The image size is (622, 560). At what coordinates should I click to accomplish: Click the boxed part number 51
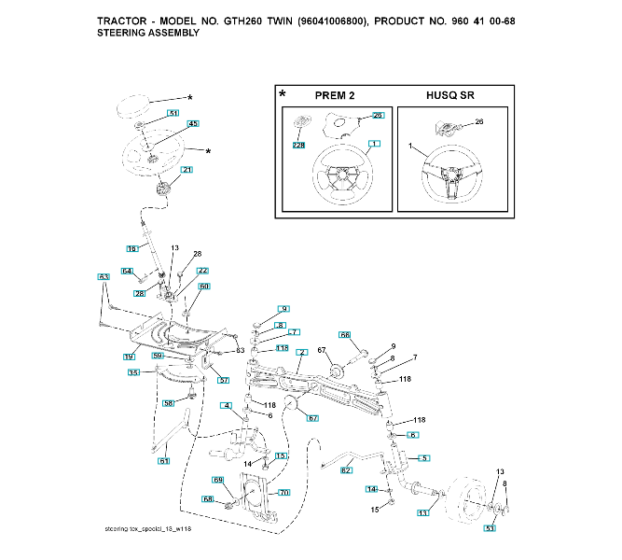[173, 112]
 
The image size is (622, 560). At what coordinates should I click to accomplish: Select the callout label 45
[193, 124]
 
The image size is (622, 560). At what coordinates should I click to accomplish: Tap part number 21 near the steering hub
[187, 170]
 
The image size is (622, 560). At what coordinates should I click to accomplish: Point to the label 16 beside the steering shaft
[131, 248]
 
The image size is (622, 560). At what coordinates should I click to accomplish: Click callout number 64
[127, 271]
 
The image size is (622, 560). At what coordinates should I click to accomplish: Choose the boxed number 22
[202, 271]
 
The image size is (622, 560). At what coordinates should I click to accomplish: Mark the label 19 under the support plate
[130, 357]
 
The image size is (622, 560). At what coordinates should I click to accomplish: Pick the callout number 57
[224, 380]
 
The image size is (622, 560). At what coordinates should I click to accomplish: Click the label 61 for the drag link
[164, 460]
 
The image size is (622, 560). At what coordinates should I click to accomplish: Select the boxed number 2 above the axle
[301, 354]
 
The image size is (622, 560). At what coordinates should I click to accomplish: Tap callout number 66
[344, 334]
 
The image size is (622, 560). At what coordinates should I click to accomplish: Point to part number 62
[346, 470]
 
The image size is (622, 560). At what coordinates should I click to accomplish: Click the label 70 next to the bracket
[284, 492]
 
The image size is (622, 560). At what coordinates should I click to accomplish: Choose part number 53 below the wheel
[490, 529]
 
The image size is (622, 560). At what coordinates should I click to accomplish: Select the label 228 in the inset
[298, 145]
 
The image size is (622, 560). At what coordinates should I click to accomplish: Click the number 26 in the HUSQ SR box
[479, 121]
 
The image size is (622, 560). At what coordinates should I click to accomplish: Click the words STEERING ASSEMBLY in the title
[148, 33]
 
